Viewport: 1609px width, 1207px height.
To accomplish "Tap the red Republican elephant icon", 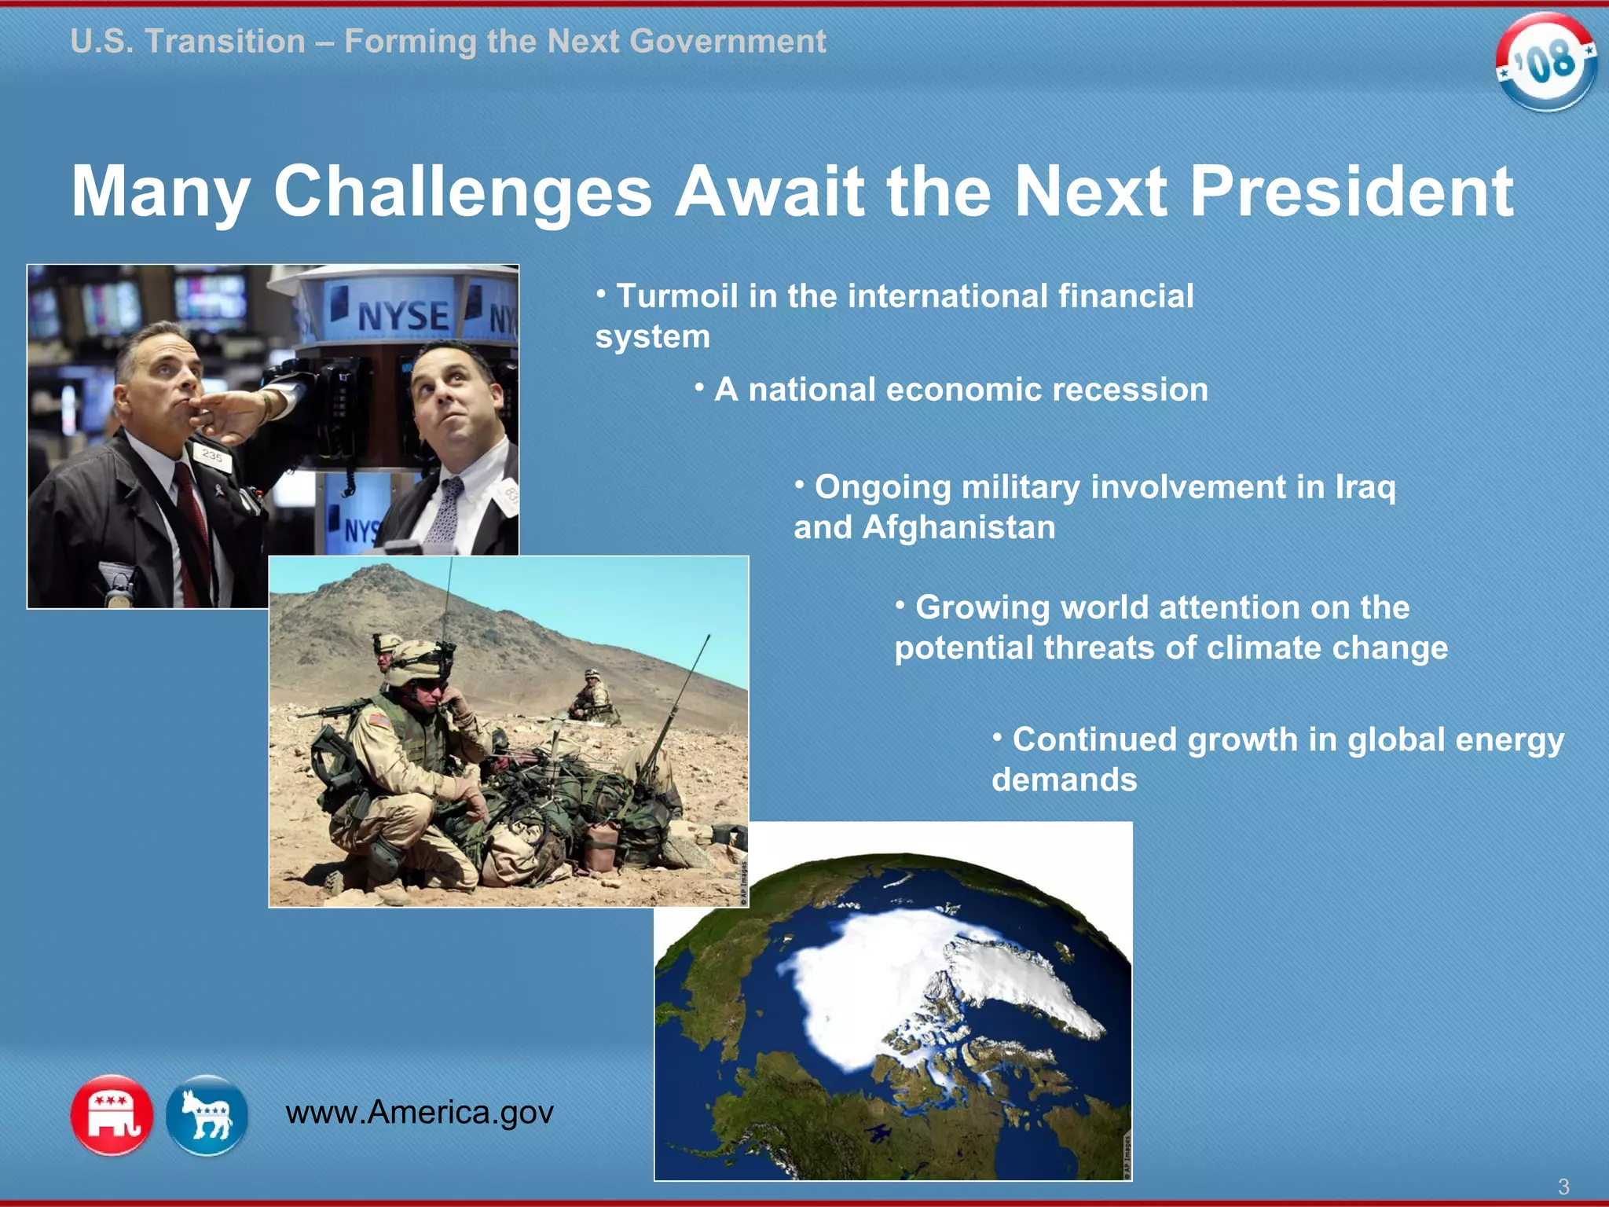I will tap(112, 1114).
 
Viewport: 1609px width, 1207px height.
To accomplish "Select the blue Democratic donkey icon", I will tap(207, 1114).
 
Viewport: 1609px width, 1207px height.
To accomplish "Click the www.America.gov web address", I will tap(420, 1112).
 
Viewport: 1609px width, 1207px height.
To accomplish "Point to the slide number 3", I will tap(1563, 1186).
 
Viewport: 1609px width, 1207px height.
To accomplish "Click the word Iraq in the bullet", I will tap(1365, 487).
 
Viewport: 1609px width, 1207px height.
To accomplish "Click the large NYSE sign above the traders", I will tap(402, 316).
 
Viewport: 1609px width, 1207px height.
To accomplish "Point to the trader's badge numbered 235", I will tap(212, 456).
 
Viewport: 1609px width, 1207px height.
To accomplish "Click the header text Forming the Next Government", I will tap(585, 41).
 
